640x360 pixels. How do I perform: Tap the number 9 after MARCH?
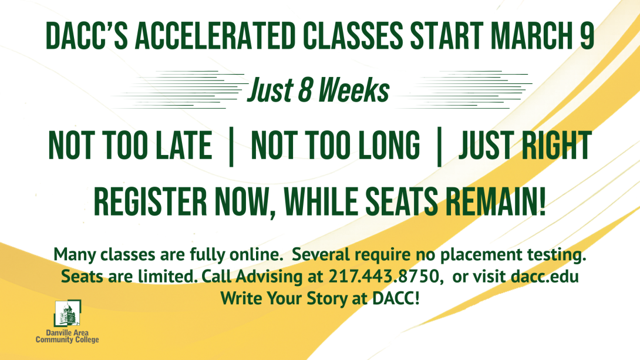tap(585, 37)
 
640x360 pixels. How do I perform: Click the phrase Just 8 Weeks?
tap(319, 91)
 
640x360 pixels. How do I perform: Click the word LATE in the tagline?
tap(183, 146)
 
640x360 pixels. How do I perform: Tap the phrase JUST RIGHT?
tap(524, 146)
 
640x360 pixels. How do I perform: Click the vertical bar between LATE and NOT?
tap(231, 146)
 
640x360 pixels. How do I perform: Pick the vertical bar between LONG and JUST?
tap(439, 146)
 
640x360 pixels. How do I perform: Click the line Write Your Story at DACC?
tap(320, 298)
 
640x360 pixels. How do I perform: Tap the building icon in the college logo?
tap(67, 315)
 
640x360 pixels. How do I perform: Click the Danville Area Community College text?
tap(67, 337)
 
